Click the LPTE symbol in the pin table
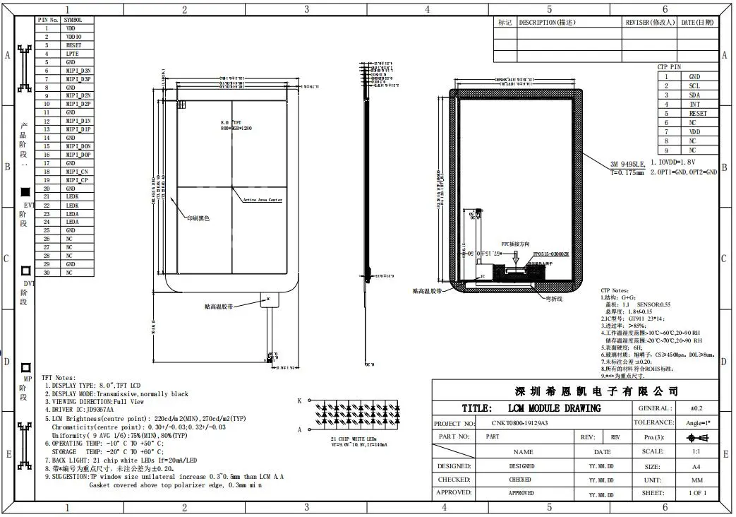coord(72,54)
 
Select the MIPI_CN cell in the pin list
coord(77,172)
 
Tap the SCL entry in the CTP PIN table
coord(694,85)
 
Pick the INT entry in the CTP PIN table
coord(694,104)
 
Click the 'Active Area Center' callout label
coord(263,200)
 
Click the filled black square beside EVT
coord(26,192)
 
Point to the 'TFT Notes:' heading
coord(59,379)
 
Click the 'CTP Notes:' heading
coord(614,290)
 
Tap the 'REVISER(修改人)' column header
coord(649,23)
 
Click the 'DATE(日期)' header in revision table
coord(696,23)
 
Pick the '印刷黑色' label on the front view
coord(198,218)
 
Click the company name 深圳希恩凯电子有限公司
coord(595,391)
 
